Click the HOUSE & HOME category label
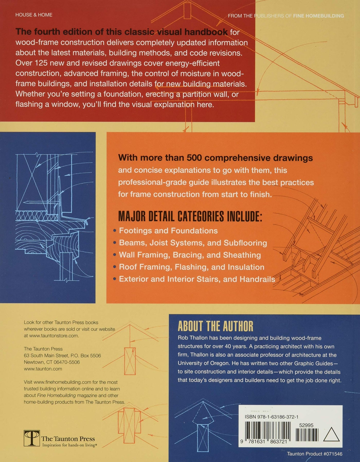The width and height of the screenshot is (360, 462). (x=34, y=15)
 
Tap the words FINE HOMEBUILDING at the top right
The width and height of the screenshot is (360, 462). (x=318, y=16)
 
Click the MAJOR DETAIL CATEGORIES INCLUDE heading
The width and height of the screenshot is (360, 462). (x=190, y=217)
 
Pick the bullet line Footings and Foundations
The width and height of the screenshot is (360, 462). (x=168, y=231)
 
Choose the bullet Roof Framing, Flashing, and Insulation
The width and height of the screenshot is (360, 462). (x=191, y=267)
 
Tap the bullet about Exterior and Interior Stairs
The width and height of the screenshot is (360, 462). (x=197, y=279)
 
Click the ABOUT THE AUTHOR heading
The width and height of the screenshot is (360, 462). (x=215, y=326)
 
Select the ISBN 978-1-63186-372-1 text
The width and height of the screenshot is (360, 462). (x=272, y=417)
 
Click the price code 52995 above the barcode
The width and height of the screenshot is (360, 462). (x=306, y=425)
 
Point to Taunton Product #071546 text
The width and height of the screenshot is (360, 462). (x=314, y=454)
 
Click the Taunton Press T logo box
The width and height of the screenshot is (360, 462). (x=32, y=438)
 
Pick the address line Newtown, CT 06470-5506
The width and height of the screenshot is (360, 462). (x=52, y=362)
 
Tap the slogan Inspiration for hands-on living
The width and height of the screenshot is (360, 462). (x=69, y=445)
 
